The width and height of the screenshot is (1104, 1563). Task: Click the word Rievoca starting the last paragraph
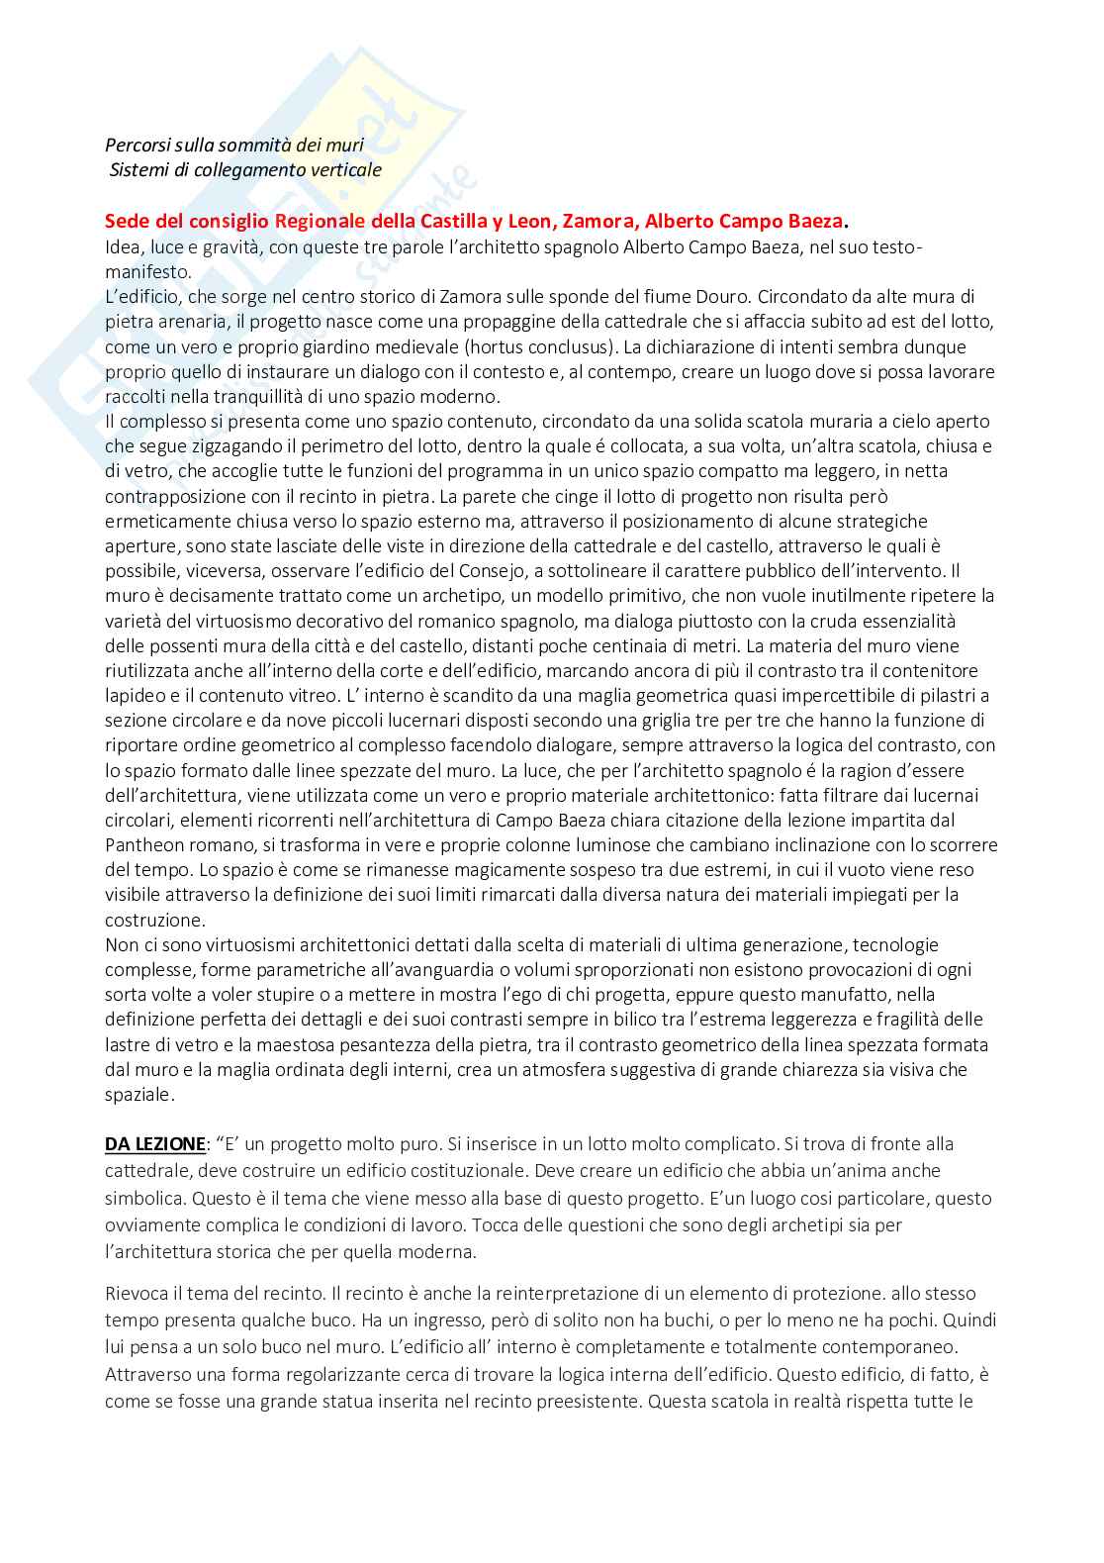coord(135,1294)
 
